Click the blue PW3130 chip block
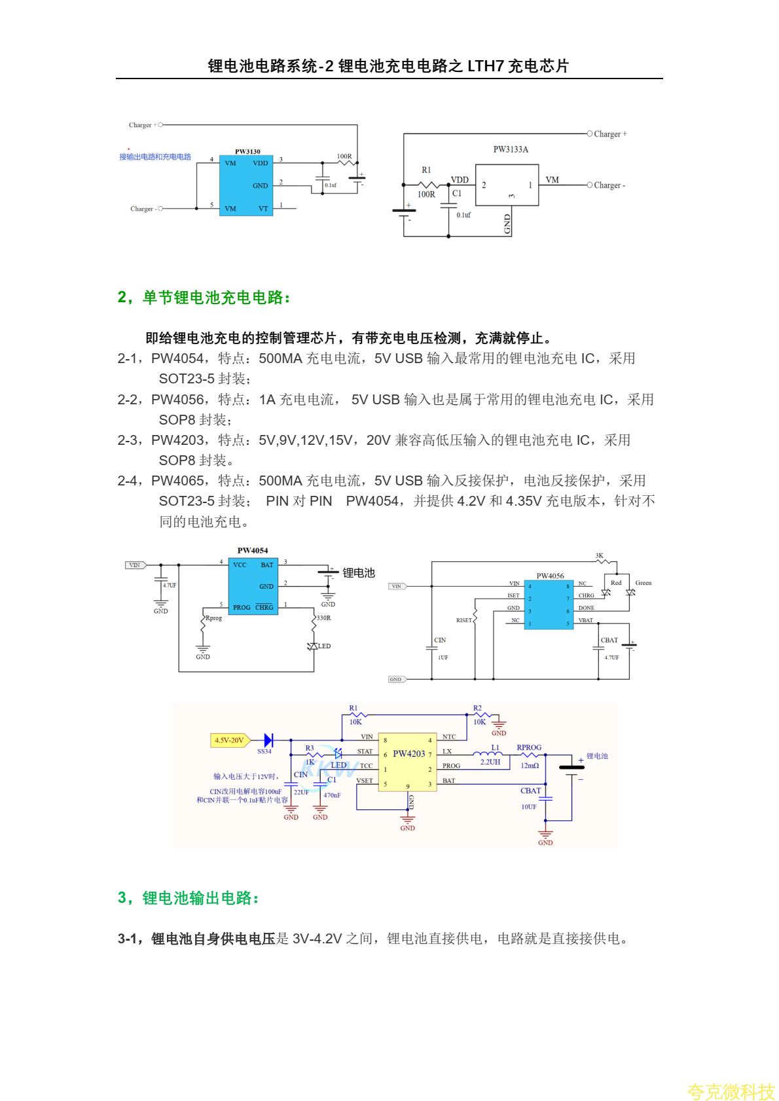[245, 186]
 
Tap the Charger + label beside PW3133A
[610, 134]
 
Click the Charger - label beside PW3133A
[609, 186]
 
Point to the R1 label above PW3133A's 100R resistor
[426, 170]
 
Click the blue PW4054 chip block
[253, 586]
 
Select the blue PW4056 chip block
[549, 604]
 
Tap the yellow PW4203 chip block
[407, 761]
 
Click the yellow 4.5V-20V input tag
[229, 741]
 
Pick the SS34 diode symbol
[268, 740]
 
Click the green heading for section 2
[204, 298]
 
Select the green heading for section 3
[189, 898]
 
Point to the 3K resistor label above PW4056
[599, 555]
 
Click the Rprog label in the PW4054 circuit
[214, 618]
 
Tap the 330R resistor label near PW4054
[324, 618]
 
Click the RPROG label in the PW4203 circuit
[529, 748]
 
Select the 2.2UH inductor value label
[490, 762]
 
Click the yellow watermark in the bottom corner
[731, 1091]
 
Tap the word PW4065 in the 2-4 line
[177, 481]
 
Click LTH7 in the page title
[486, 66]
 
